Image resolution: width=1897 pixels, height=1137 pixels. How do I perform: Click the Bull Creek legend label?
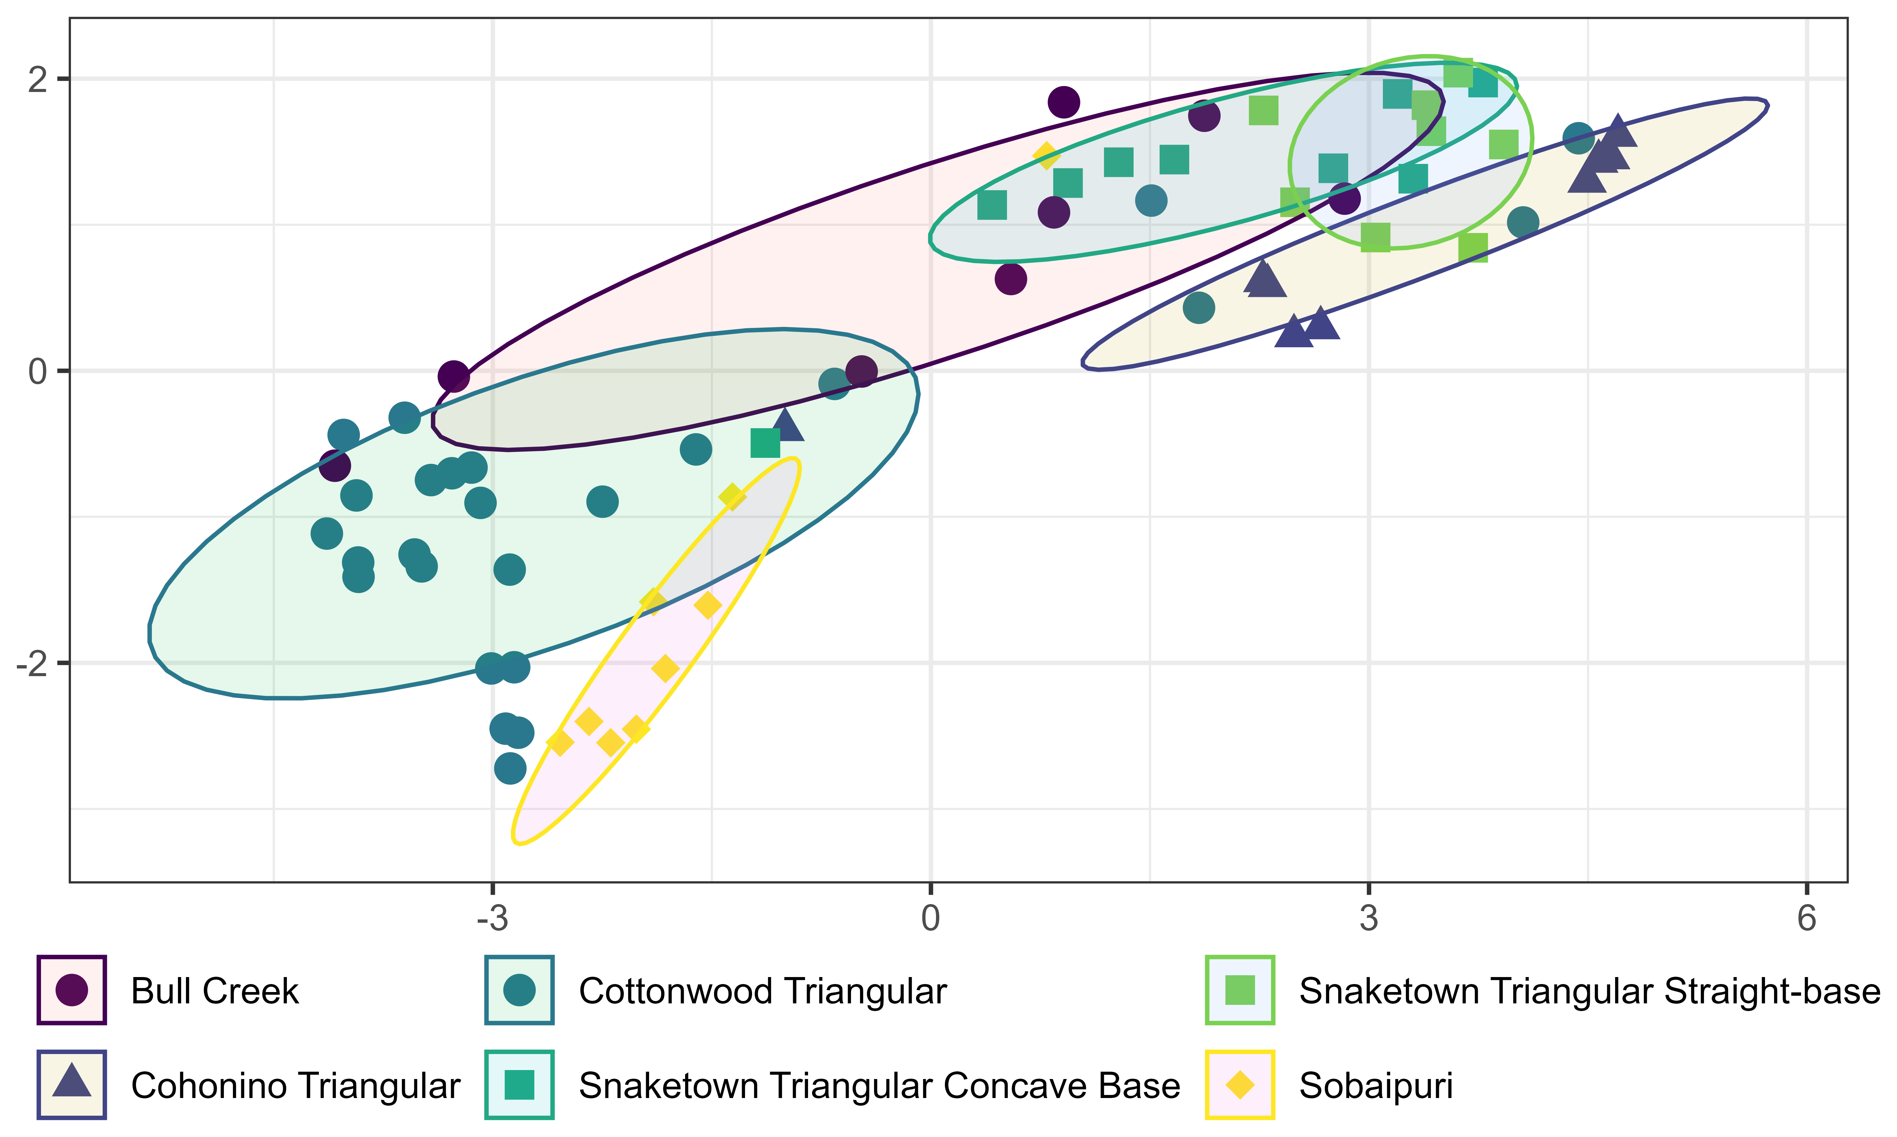215,991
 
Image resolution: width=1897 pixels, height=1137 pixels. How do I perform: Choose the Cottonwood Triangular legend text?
762,991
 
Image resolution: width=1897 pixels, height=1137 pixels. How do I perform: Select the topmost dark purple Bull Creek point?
1063,102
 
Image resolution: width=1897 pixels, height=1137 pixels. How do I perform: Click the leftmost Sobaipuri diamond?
560,742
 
